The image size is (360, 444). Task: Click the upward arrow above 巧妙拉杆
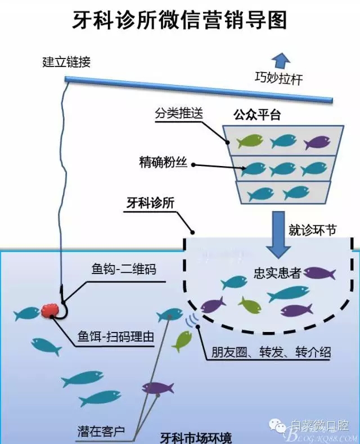tap(280, 60)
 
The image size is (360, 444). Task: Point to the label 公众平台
tap(257, 115)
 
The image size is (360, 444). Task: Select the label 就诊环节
tap(312, 229)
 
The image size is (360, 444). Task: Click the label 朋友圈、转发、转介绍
tap(263, 353)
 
